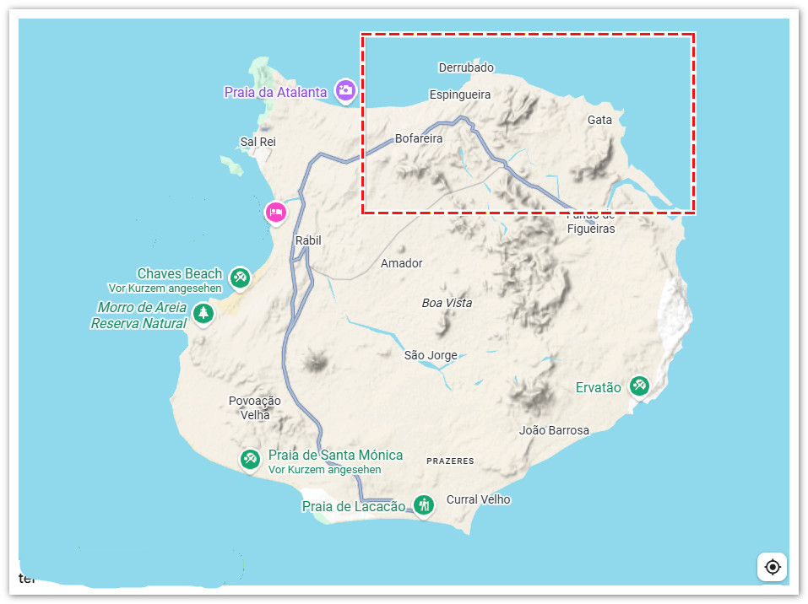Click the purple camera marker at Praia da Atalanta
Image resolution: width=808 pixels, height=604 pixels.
point(344,90)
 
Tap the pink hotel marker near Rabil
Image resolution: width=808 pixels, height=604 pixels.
point(275,212)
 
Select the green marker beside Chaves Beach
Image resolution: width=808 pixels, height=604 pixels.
point(240,277)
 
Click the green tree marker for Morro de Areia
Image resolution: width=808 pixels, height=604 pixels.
point(203,314)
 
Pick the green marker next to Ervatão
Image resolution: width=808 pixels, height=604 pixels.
point(639,386)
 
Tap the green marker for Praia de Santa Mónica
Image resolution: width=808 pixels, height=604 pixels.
point(249,459)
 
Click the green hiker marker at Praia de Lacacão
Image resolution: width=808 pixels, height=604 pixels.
point(424,504)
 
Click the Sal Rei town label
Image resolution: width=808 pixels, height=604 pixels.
point(258,142)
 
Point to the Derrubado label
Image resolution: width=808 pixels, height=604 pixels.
point(466,67)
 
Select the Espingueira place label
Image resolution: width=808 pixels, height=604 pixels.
point(460,94)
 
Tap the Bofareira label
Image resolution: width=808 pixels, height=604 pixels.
point(419,138)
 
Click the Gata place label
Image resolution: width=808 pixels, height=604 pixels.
point(599,120)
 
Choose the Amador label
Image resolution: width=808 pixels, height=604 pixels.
point(401,263)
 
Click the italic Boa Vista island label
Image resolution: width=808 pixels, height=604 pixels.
point(447,303)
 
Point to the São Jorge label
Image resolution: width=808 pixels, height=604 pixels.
point(431,355)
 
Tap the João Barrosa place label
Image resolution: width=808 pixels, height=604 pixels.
point(554,430)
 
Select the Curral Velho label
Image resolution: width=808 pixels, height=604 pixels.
point(478,499)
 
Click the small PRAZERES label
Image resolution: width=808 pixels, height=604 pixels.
point(450,461)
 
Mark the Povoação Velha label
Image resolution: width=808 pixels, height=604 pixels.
point(255,407)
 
